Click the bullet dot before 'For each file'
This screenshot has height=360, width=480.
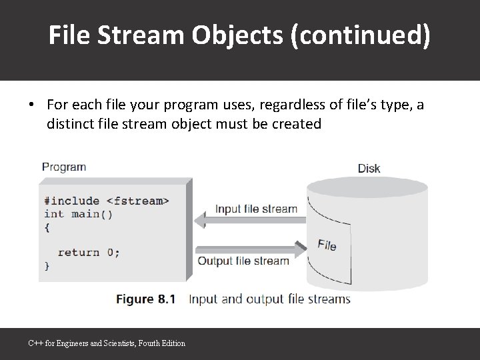(31, 105)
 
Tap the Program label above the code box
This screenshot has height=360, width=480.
(64, 167)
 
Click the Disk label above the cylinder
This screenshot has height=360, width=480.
(369, 168)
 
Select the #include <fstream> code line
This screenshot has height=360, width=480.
(107, 201)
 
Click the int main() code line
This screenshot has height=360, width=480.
(78, 214)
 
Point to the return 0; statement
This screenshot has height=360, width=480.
(89, 252)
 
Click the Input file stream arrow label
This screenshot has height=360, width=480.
(256, 209)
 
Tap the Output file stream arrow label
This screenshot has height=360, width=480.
(243, 261)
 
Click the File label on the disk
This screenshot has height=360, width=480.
(327, 245)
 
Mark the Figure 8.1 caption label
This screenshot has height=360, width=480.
(146, 299)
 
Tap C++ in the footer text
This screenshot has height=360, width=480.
(34, 343)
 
